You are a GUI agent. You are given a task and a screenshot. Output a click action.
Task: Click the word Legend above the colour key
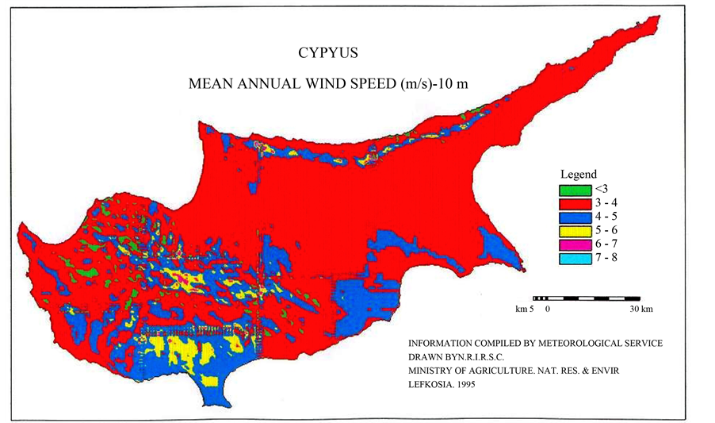coord(579,175)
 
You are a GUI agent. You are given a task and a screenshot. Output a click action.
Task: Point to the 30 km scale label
coord(641,308)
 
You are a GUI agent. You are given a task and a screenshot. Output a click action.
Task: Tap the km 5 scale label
coord(526,308)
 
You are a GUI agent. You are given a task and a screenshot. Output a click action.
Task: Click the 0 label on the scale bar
coord(548,308)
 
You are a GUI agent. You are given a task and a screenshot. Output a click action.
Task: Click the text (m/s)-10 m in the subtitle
coord(435,84)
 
